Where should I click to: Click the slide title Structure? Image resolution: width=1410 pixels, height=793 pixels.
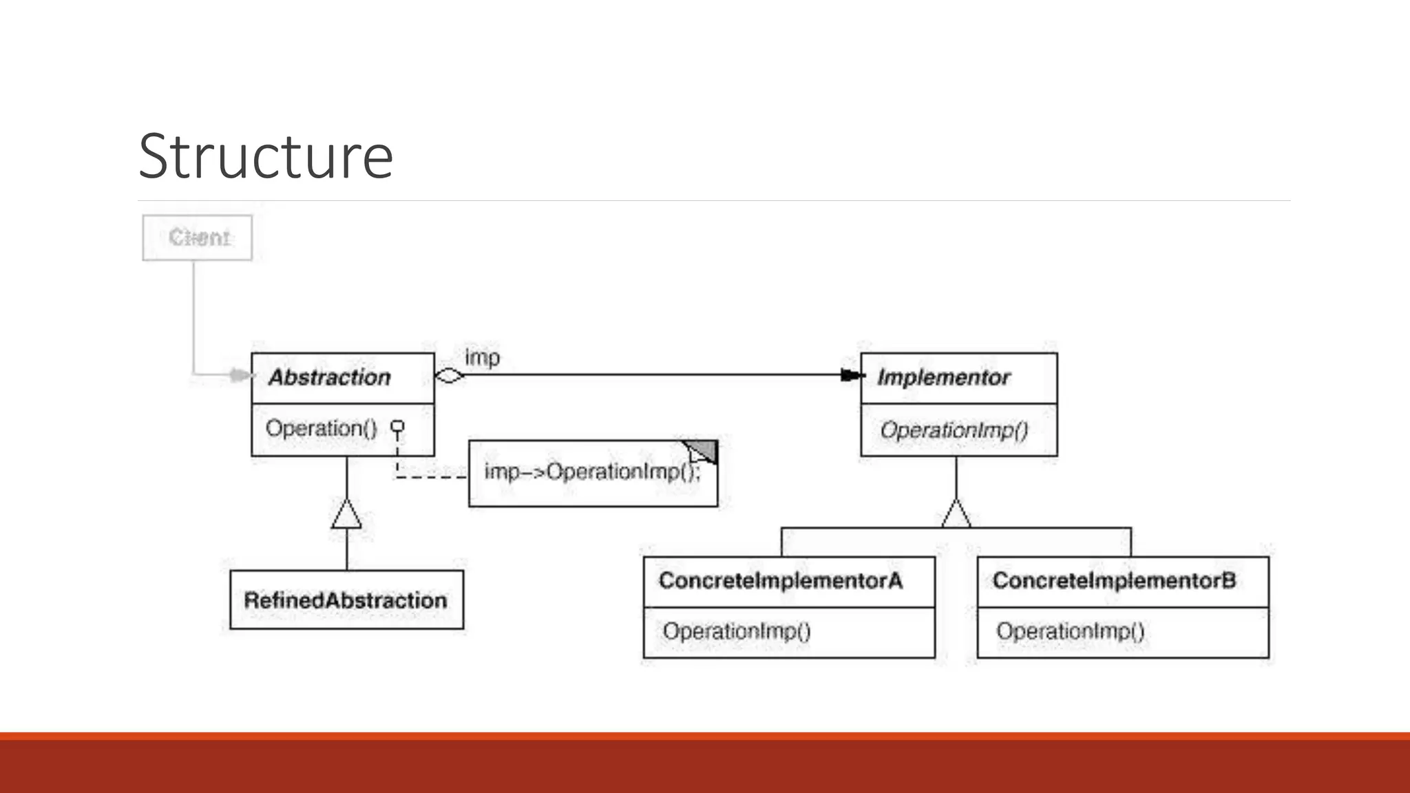point(265,156)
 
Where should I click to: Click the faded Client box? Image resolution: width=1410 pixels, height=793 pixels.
point(198,237)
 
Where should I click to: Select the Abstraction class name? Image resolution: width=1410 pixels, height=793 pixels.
point(329,377)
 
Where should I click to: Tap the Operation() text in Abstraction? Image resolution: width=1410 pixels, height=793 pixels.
point(321,428)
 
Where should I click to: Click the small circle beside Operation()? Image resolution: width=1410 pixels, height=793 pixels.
point(397,427)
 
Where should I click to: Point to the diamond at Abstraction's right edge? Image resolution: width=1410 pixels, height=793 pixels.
point(450,376)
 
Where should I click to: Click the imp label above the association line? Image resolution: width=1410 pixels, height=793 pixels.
point(482,357)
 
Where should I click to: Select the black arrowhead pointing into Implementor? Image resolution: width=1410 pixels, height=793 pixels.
point(852,375)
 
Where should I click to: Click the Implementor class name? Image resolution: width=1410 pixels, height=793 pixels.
point(943,377)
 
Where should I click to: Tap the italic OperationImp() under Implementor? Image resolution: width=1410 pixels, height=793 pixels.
point(954,430)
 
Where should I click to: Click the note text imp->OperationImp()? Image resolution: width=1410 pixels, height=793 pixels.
point(592,472)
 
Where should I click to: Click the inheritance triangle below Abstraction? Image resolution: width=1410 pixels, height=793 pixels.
point(346,515)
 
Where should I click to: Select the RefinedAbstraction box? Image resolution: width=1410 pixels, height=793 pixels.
point(346,600)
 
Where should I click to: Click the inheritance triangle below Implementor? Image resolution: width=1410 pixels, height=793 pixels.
point(956,514)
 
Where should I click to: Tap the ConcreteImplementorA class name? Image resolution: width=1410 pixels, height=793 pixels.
point(780,580)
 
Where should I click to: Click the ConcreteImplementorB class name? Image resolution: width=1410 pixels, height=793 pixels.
point(1113,580)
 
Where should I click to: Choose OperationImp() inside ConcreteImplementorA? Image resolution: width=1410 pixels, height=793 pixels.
point(737,631)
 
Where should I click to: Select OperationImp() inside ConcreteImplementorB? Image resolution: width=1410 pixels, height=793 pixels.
point(1070,631)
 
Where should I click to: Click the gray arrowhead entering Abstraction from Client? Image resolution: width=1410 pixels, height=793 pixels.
point(240,375)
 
